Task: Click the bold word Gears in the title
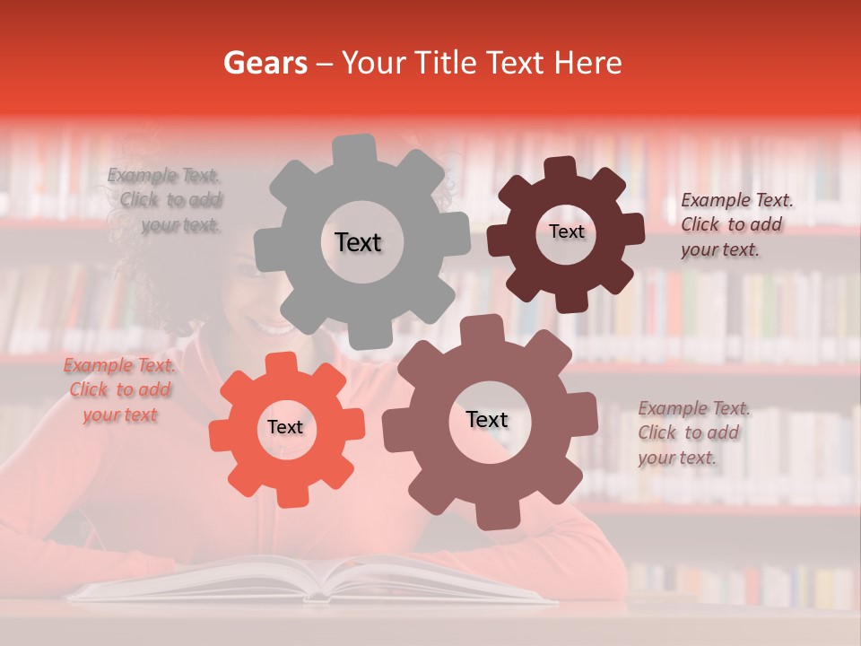pyautogui.click(x=265, y=63)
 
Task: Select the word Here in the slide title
pyautogui.click(x=587, y=63)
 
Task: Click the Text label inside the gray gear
pyautogui.click(x=358, y=242)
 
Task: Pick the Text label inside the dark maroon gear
pyautogui.click(x=566, y=231)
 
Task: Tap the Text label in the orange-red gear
pyautogui.click(x=285, y=427)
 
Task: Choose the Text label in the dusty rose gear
pyautogui.click(x=487, y=419)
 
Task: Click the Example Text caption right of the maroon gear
pyautogui.click(x=735, y=224)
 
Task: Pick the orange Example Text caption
pyautogui.click(x=120, y=389)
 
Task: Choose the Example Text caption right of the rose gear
pyautogui.click(x=692, y=432)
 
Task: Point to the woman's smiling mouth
pyautogui.click(x=269, y=327)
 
